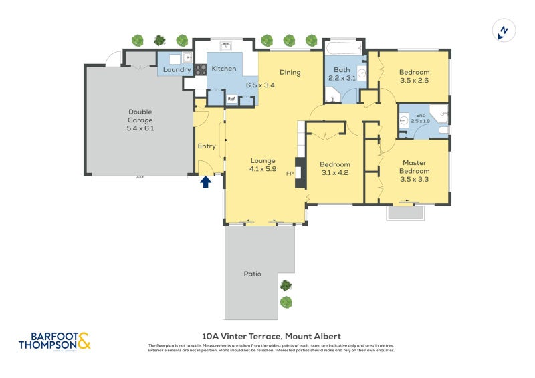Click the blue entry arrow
206,180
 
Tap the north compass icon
503,31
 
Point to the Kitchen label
224,69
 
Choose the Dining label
290,73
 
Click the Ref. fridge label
231,99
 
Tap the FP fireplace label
290,173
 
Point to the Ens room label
421,115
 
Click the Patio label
252,274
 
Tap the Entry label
207,146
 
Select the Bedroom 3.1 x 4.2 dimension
334,173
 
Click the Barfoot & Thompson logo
54,341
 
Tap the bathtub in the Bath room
344,49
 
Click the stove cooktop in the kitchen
201,68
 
